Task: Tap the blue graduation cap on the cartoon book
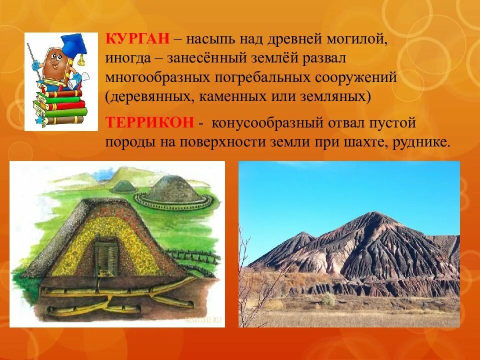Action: pos(74,43)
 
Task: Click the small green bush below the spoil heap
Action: pos(328,299)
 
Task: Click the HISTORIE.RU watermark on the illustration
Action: pos(203,319)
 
